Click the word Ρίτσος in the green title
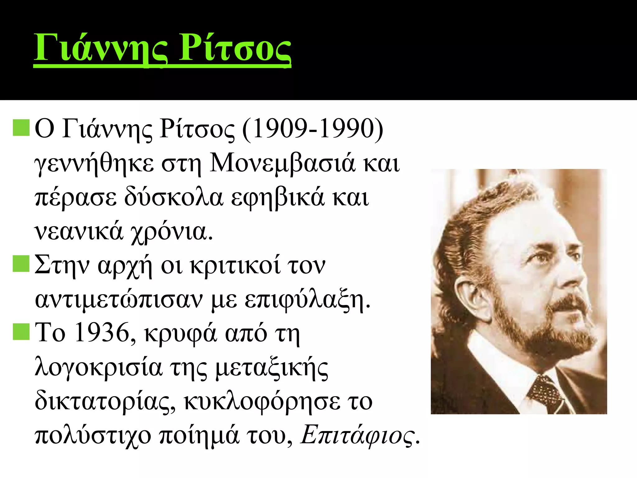click(x=235, y=48)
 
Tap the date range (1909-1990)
click(x=313, y=129)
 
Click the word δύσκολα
click(x=174, y=198)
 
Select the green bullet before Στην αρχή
click(x=21, y=264)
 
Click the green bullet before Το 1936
click(x=21, y=332)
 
